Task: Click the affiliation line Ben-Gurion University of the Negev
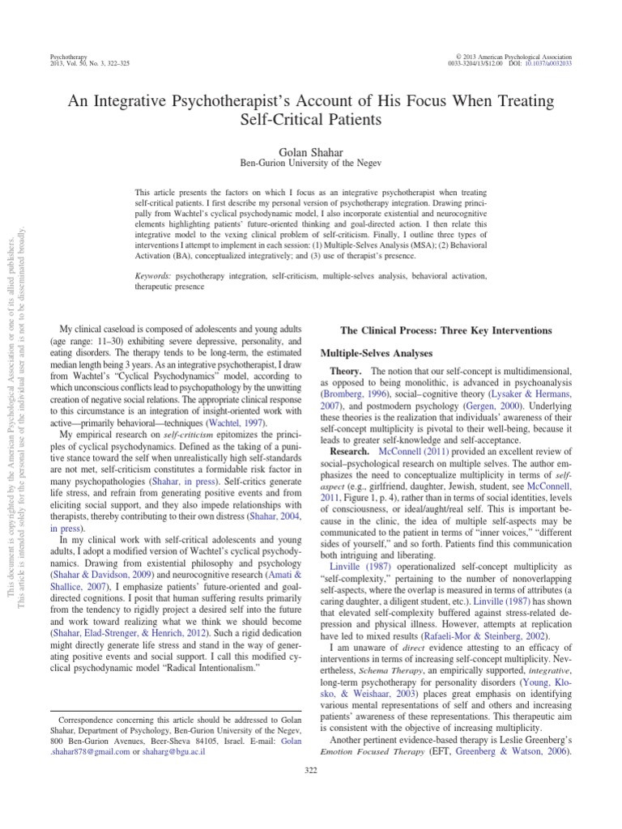[311, 163]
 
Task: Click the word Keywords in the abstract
[157, 276]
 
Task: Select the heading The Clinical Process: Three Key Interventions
[447, 331]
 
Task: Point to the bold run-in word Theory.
[351, 371]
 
